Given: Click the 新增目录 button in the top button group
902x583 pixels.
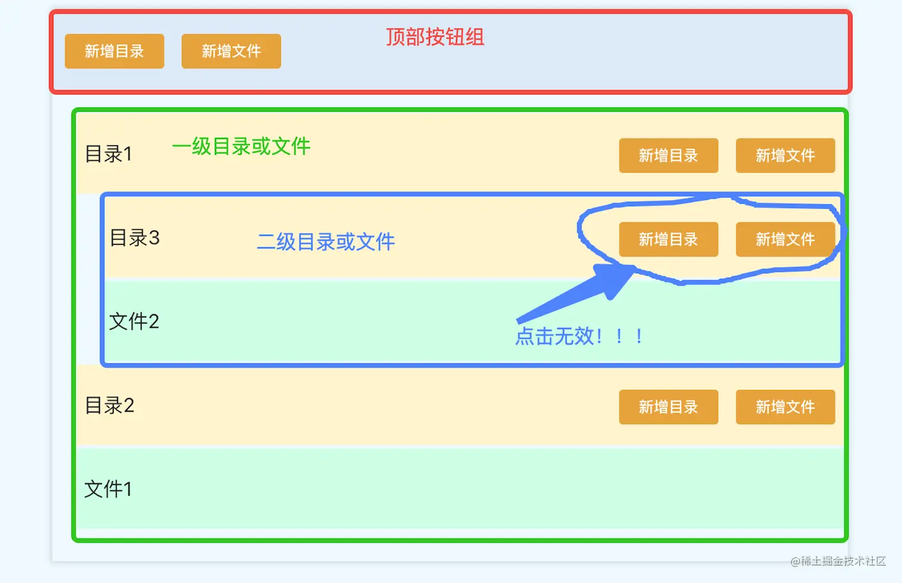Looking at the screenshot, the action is coord(114,51).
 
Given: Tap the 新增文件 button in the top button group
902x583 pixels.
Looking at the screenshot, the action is coord(231,51).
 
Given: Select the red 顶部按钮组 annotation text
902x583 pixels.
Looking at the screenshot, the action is coord(435,37).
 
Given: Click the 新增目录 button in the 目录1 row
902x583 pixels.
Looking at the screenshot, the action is coord(668,156).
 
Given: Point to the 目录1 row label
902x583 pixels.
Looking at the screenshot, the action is coord(108,154).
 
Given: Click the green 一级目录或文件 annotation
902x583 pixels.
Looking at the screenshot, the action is coord(241,146).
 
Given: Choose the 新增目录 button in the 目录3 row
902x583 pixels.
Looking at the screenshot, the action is coord(668,240).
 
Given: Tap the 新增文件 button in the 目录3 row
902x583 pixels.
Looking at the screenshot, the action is coord(785,240).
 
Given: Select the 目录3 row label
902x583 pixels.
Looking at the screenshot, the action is coord(135,238).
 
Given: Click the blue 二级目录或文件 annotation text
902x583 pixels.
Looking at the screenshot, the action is coord(326,241).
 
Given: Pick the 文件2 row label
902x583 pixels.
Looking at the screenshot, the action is coord(134,321).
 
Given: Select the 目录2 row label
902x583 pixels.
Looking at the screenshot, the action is coord(110,405).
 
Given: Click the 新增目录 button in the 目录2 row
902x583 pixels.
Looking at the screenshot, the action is coord(668,407).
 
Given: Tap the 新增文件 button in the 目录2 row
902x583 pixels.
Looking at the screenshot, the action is coord(785,407).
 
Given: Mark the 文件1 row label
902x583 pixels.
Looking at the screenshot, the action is coord(108,489).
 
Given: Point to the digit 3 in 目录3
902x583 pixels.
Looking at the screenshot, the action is coord(155,238).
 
